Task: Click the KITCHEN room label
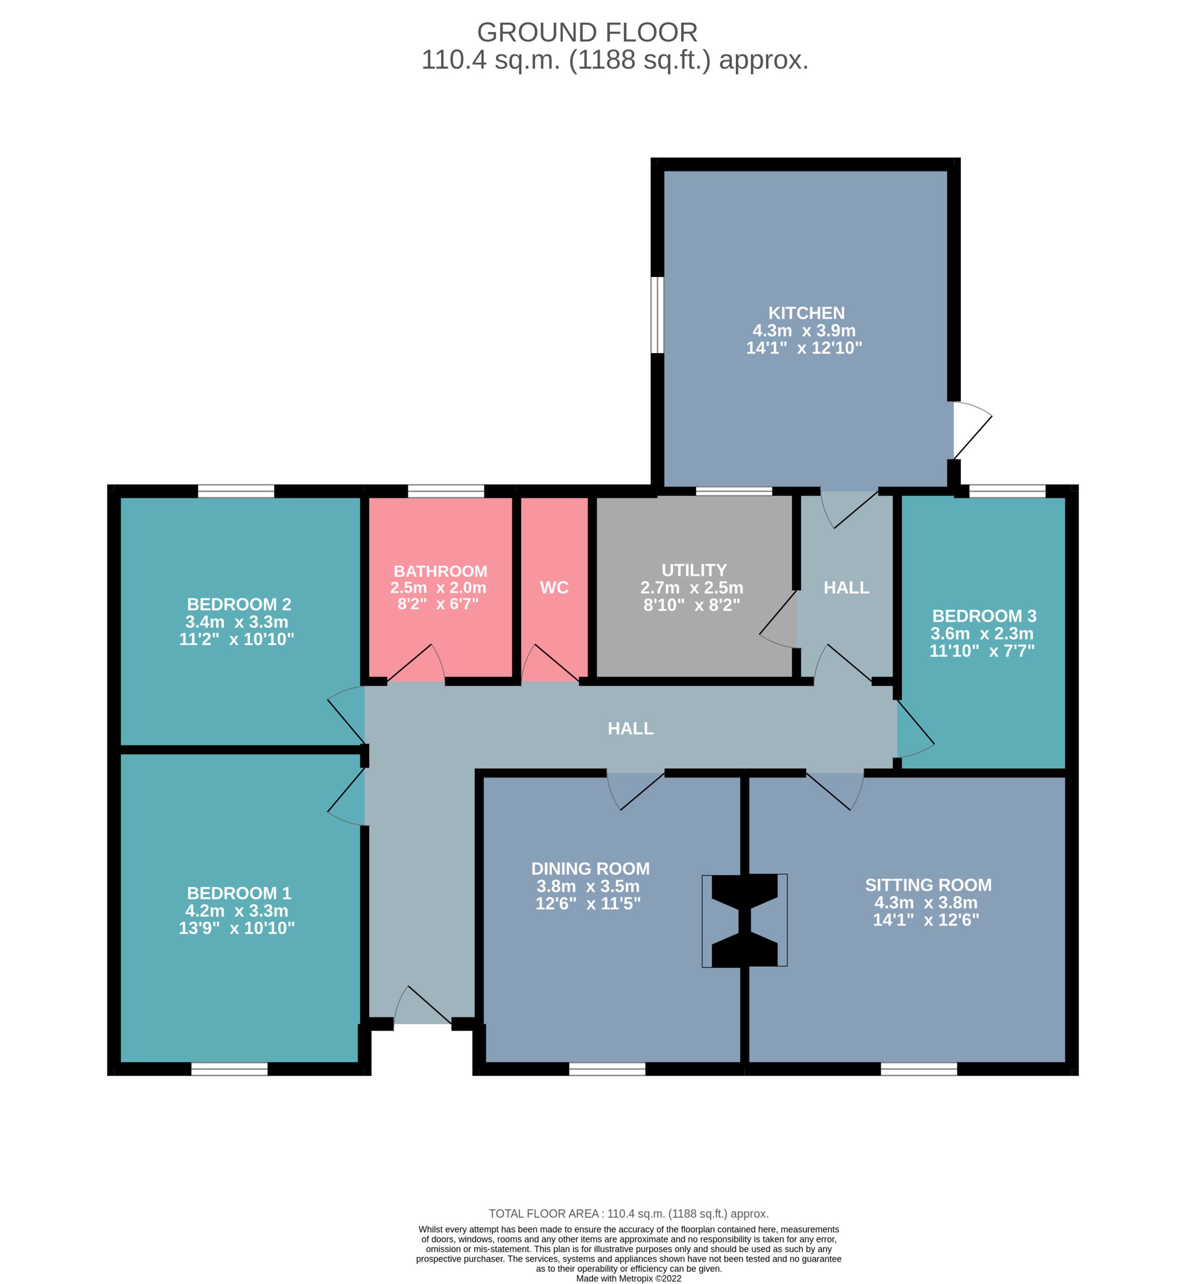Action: [806, 313]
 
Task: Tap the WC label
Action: [554, 587]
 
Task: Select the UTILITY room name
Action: [694, 570]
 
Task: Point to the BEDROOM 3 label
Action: [984, 616]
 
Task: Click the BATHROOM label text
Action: [440, 571]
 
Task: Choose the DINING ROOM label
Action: [590, 869]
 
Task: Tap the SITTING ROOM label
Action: [928, 885]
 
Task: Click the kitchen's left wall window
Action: [657, 314]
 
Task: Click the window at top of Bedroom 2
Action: [236, 491]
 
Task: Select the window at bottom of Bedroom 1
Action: [229, 1069]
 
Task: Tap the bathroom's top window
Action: [446, 491]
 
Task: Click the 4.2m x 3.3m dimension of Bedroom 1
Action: [237, 910]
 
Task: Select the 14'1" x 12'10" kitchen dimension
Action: [804, 348]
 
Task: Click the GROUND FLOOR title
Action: [587, 32]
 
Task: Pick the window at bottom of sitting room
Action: [919, 1069]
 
